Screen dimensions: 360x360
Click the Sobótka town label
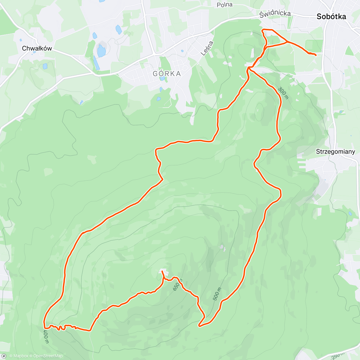[331, 17]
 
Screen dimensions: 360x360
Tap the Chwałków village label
[37, 48]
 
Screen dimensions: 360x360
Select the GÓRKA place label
[167, 74]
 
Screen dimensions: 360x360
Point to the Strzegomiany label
[335, 151]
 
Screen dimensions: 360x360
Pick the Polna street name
[225, 5]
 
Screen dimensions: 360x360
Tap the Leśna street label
[207, 48]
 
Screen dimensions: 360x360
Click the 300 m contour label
[283, 93]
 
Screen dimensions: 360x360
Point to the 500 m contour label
[217, 294]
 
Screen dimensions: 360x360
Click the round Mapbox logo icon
[4, 356]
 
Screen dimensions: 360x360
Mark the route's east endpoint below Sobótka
[316, 55]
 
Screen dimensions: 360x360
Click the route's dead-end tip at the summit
[162, 271]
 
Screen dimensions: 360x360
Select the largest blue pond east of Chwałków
[101, 51]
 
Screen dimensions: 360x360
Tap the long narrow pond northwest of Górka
[96, 62]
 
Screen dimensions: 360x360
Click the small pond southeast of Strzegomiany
[350, 214]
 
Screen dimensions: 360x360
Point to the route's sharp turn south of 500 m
[199, 325]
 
